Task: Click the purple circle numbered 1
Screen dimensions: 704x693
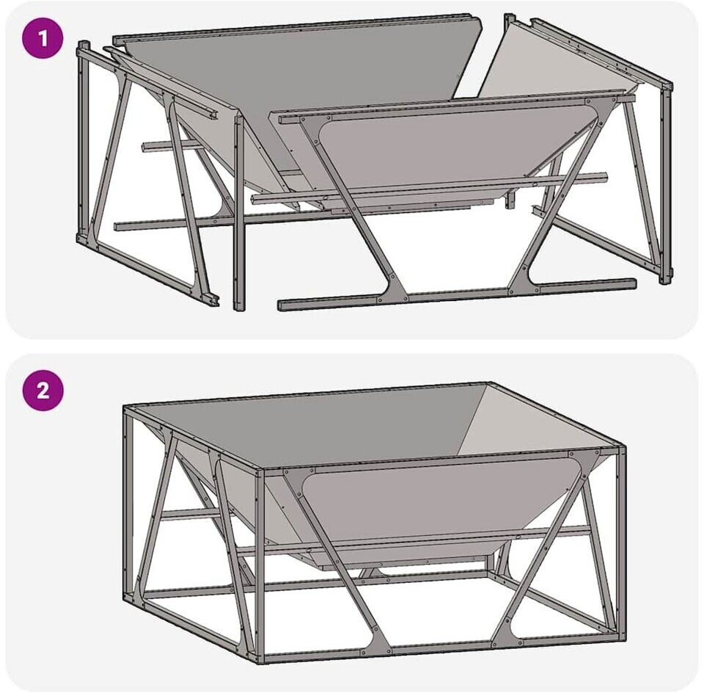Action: pyautogui.click(x=43, y=39)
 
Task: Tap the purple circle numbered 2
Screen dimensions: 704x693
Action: pyautogui.click(x=43, y=391)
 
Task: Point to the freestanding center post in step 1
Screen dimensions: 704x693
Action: pyautogui.click(x=239, y=212)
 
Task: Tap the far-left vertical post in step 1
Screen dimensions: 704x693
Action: pyautogui.click(x=83, y=142)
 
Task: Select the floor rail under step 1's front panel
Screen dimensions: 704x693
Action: pyautogui.click(x=457, y=295)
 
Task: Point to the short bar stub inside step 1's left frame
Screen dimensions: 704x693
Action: pyautogui.click(x=171, y=147)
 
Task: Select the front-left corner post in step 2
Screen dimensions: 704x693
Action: pyautogui.click(x=260, y=566)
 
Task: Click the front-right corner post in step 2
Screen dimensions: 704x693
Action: pyautogui.click(x=622, y=543)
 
